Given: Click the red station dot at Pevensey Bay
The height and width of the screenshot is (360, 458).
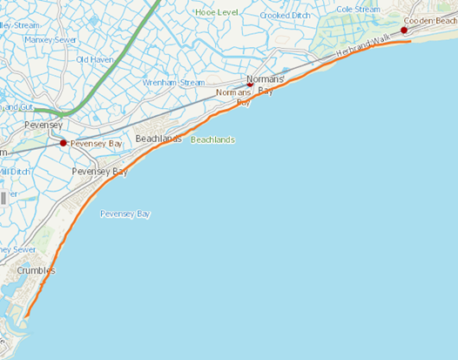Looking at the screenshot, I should pos(63,142).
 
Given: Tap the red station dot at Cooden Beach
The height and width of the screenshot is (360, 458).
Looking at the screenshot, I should pos(404,31).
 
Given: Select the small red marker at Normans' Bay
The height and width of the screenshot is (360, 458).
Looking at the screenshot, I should pos(251,85).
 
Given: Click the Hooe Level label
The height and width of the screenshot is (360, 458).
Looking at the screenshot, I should pos(217,13).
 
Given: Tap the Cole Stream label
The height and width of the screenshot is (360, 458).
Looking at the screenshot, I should pos(358,9).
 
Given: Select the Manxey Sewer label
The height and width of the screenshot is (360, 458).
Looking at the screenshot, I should pos(51,39).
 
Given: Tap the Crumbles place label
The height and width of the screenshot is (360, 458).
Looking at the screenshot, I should pos(36,270).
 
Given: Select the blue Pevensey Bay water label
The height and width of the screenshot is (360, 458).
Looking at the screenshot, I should pos(125,214).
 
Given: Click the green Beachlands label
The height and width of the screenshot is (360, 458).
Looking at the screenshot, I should pos(212,139).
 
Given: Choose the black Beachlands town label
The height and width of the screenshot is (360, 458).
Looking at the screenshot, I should pos(158,139).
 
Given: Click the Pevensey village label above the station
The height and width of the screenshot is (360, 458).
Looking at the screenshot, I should pos(44,126).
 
